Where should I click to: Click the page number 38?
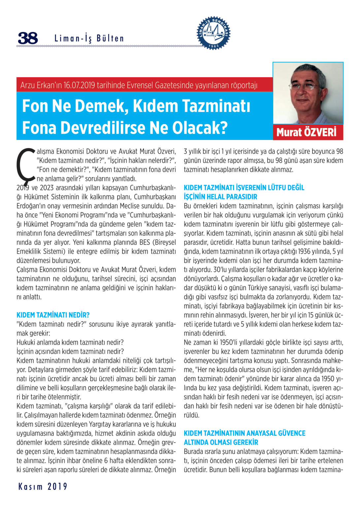click(x=28, y=38)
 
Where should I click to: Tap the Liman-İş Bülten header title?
click(x=89, y=39)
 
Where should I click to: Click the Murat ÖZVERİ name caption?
click(x=307, y=132)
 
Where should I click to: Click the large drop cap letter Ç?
click(x=26, y=165)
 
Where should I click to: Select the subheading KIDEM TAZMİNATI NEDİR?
click(x=53, y=315)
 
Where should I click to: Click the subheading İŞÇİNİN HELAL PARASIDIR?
click(x=220, y=197)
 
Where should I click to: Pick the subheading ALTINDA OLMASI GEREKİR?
click(x=221, y=442)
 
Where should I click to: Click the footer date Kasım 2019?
click(x=43, y=487)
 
